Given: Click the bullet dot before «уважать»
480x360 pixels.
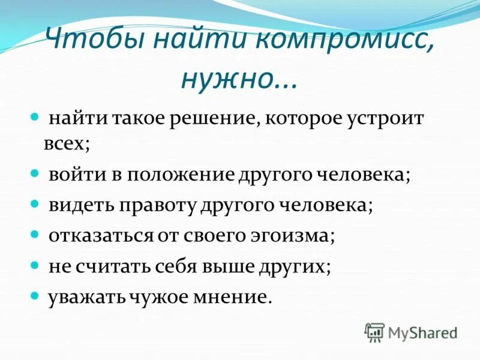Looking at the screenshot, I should pos(35,296).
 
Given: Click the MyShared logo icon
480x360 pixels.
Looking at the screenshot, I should pos(374,332).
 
